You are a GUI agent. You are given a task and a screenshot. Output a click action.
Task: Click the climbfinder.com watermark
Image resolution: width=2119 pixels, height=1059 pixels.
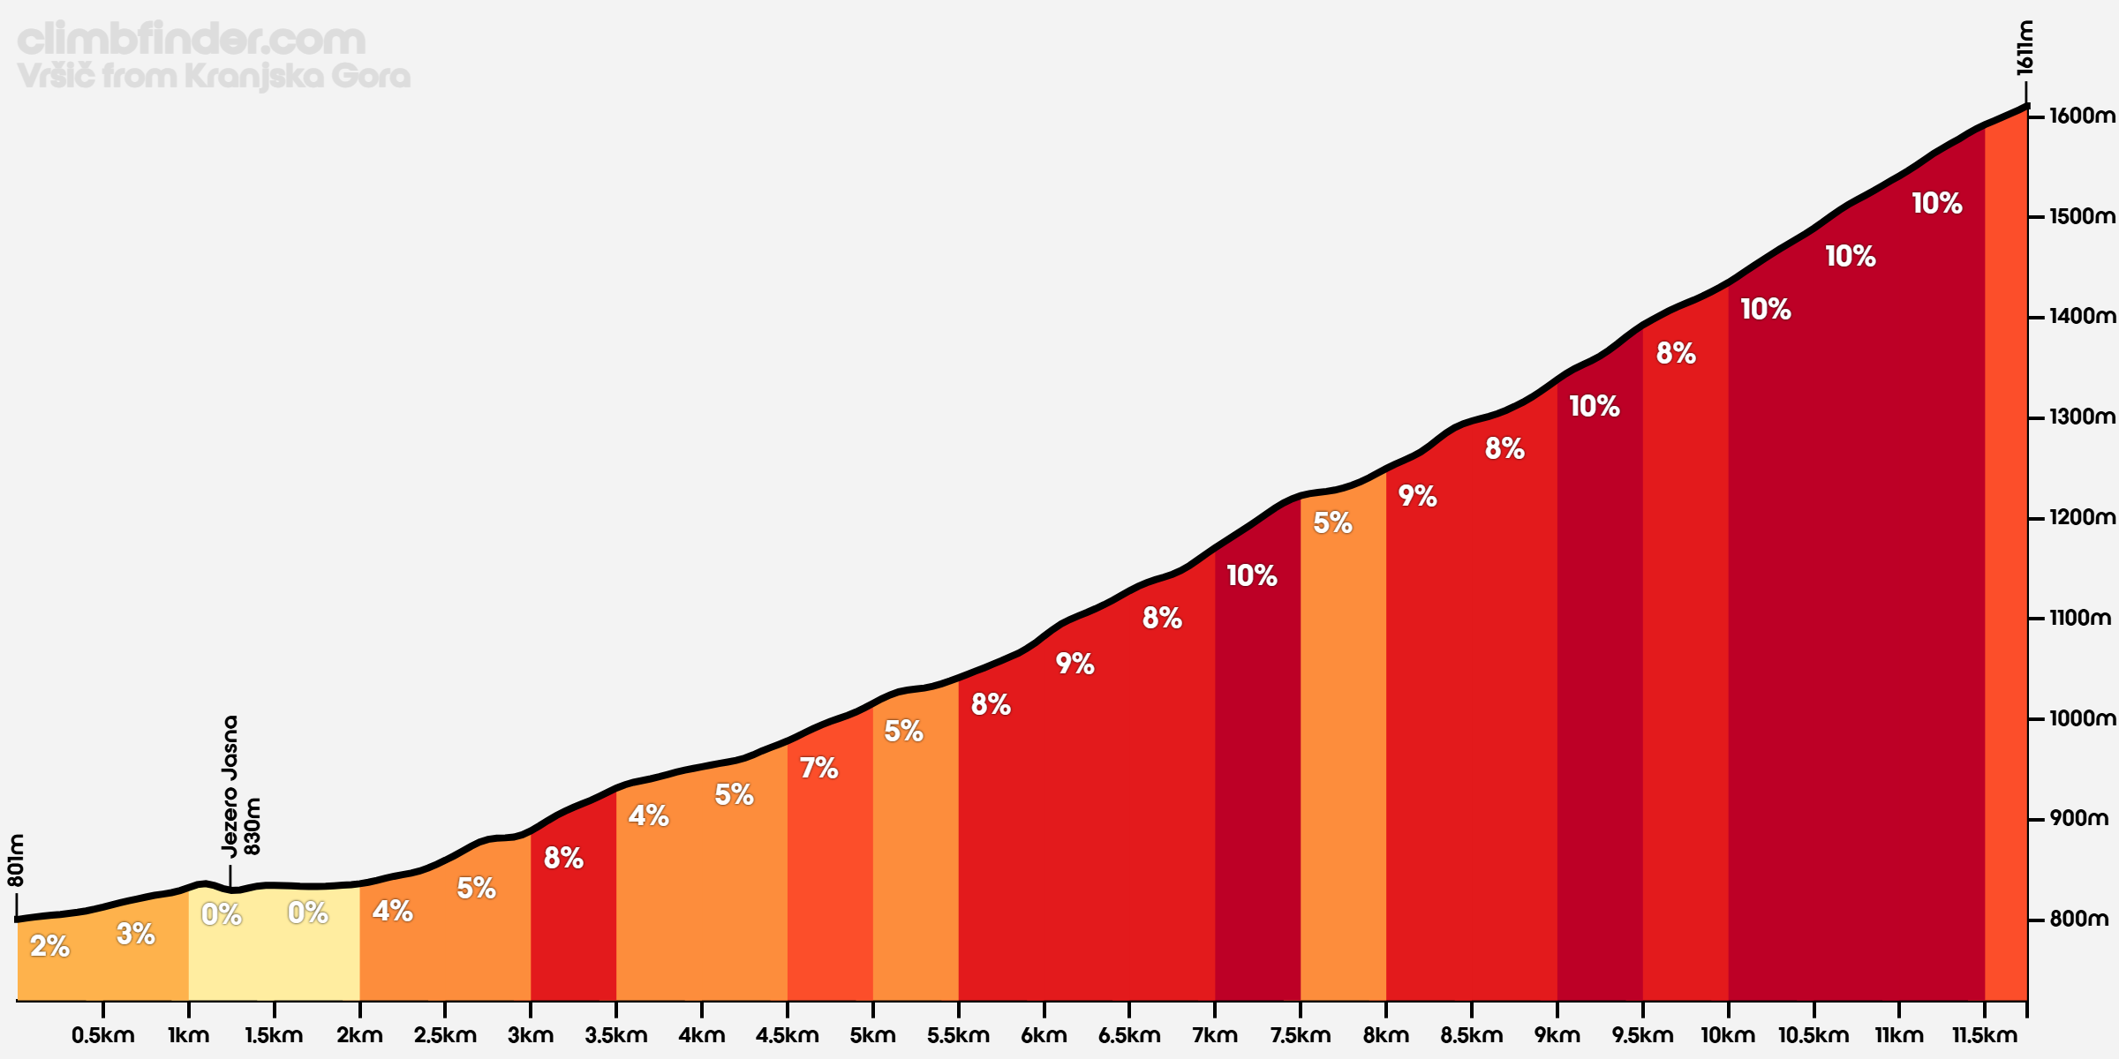pos(191,40)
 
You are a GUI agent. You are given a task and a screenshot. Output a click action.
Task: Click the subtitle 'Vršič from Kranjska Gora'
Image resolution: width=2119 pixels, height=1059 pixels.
pos(214,77)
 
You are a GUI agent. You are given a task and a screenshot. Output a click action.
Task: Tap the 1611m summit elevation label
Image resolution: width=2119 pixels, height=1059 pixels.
pos(2025,48)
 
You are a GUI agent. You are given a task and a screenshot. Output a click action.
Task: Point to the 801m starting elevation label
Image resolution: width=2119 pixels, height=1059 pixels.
pos(16,860)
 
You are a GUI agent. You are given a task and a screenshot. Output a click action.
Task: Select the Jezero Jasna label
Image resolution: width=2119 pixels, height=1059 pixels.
pos(230,785)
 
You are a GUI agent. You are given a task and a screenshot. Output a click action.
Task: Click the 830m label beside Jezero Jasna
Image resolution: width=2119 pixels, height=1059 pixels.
pos(253,826)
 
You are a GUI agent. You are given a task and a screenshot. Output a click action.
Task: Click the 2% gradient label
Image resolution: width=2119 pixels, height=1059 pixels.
pos(49,946)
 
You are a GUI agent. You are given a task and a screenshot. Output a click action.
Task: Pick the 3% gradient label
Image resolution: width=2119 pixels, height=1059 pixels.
pos(136,934)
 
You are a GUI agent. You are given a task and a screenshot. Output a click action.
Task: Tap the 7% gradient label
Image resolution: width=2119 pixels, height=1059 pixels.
pos(819,768)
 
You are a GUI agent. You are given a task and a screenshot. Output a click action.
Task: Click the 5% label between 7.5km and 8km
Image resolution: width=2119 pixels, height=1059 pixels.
pos(1333,522)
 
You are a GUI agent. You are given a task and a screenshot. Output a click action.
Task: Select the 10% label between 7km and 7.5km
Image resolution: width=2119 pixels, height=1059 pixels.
pos(1252,575)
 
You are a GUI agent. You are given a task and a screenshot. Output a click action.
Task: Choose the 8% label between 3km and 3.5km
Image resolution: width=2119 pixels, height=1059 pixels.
pos(563,858)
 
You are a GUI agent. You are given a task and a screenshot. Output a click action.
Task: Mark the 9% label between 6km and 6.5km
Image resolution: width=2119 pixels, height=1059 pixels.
pos(1075,664)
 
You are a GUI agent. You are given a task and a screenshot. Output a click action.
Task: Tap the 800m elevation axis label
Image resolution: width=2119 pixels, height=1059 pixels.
pos(2078,920)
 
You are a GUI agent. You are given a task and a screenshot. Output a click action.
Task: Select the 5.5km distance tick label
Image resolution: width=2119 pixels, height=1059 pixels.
pos(958,1035)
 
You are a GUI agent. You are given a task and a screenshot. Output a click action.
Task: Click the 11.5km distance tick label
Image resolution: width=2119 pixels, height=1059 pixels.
pos(1985,1035)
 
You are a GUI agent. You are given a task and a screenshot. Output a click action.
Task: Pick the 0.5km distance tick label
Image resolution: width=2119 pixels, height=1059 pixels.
pos(102,1035)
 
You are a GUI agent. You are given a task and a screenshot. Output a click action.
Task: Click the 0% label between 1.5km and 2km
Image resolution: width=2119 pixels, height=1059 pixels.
pos(308,913)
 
